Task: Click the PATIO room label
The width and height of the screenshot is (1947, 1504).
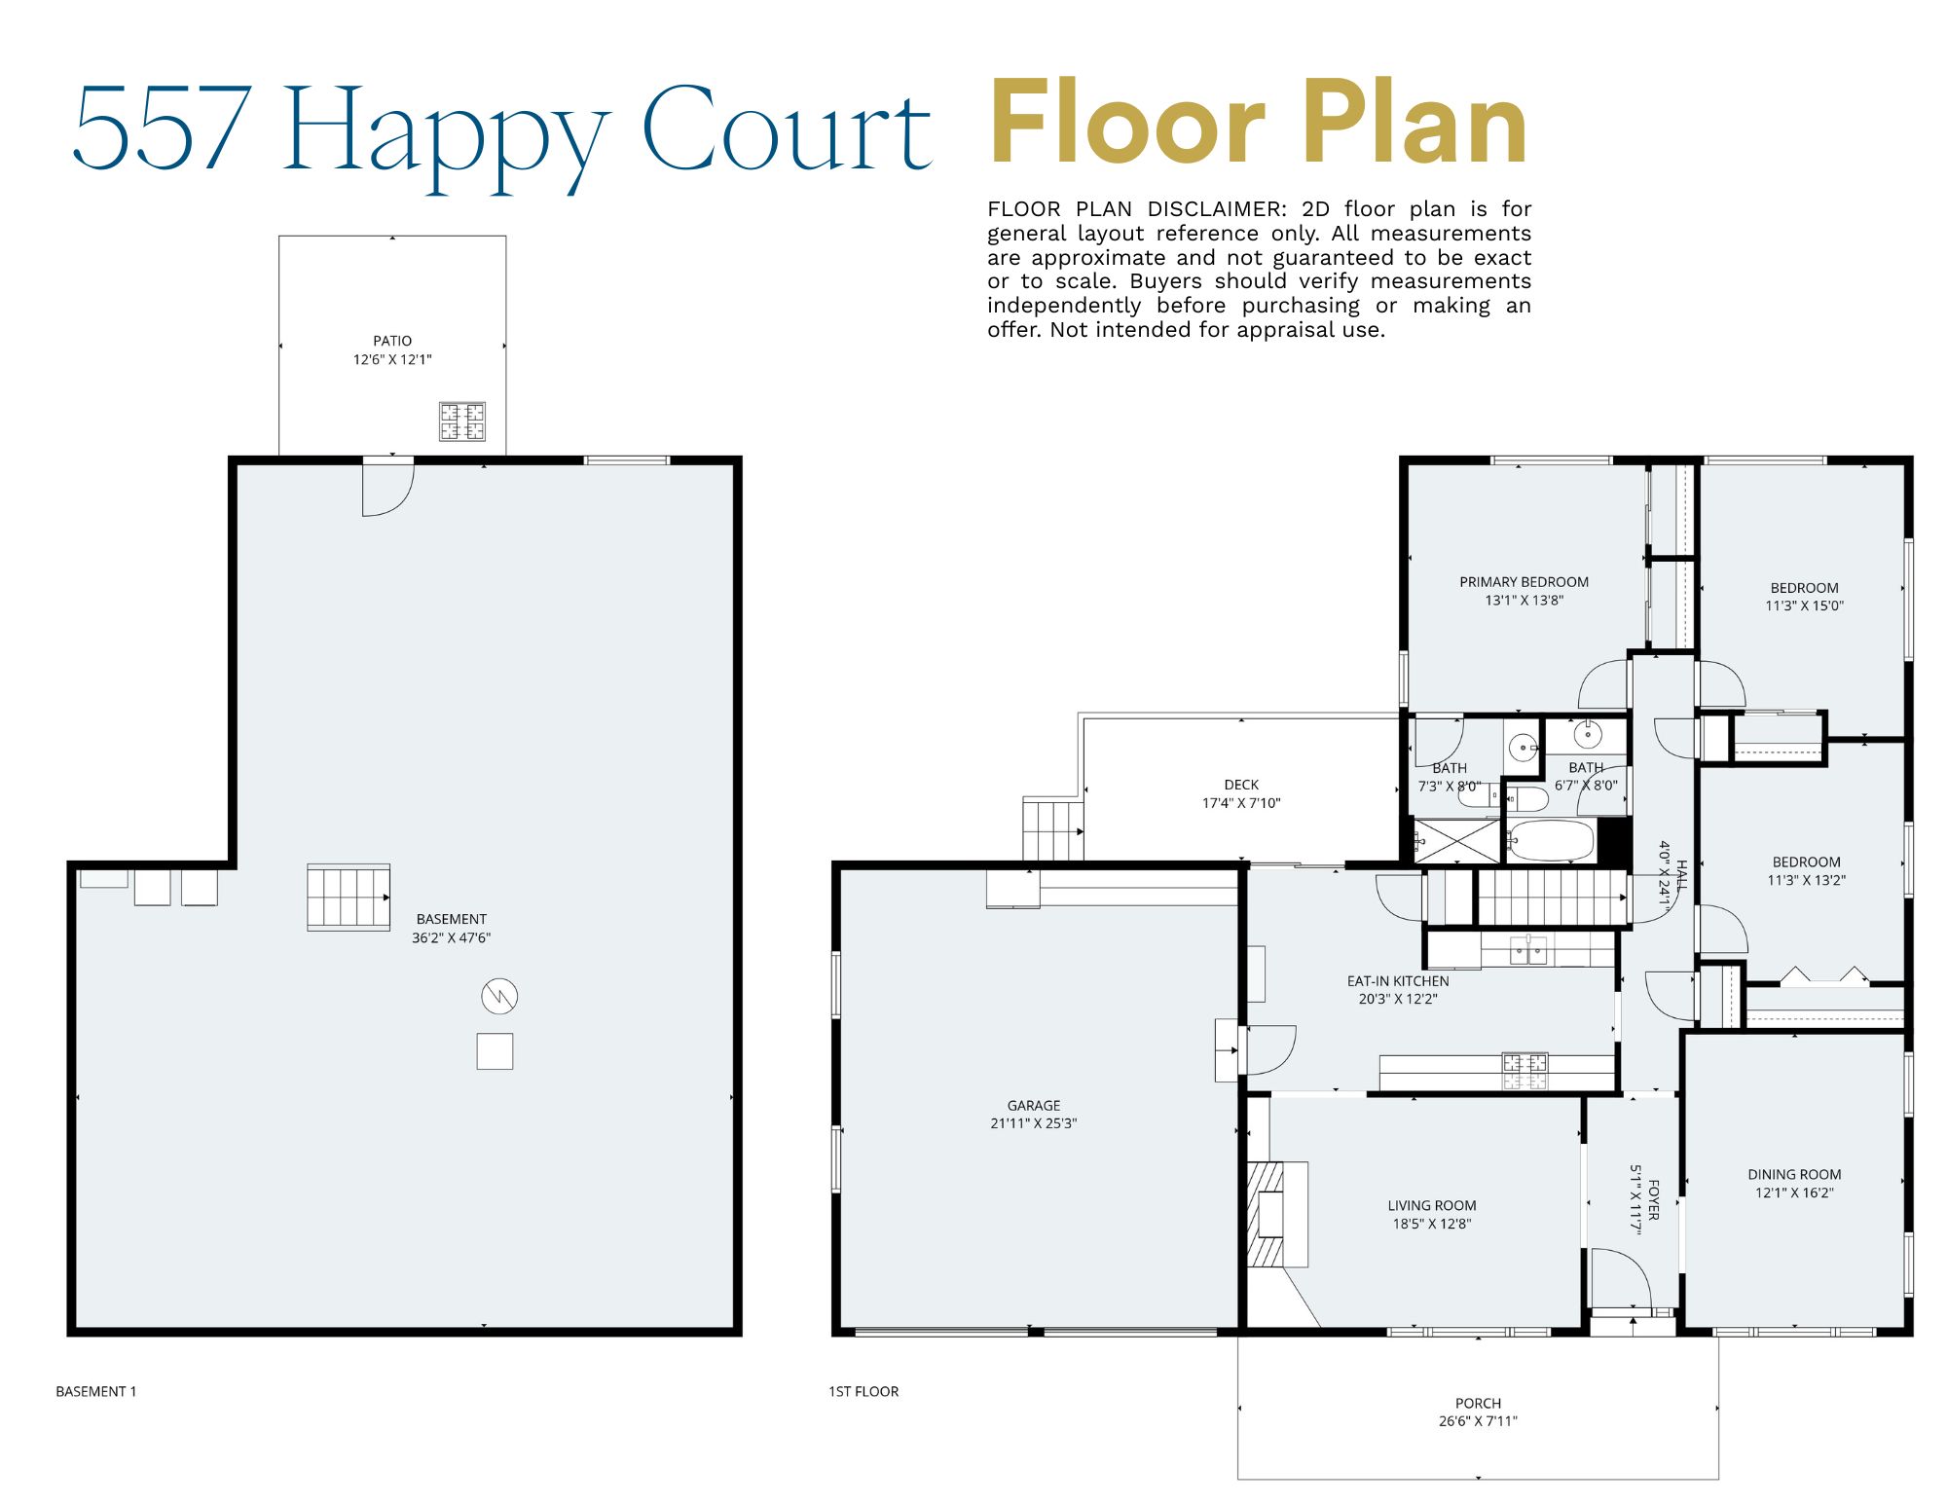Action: (392, 341)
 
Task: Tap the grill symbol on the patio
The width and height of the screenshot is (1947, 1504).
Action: (461, 422)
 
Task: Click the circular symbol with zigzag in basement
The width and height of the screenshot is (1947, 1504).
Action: (499, 996)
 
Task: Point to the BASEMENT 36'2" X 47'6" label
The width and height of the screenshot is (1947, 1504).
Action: (451, 928)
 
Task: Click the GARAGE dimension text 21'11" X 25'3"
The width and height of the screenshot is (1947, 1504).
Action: (1033, 1123)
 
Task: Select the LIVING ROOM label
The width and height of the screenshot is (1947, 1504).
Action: (1431, 1205)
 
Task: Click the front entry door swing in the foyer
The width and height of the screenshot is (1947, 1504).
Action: (1619, 1279)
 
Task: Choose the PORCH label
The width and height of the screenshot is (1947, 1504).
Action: (1478, 1403)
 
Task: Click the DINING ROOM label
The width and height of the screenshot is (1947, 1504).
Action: (1794, 1174)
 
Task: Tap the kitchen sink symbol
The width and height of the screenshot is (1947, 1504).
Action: (1528, 949)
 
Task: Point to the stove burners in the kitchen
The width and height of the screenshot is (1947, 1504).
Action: (1525, 1071)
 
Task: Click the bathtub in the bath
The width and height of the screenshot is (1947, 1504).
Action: (1551, 841)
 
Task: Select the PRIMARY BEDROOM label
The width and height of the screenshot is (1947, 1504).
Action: (1524, 582)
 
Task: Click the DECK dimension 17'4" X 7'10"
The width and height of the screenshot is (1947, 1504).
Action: (1241, 803)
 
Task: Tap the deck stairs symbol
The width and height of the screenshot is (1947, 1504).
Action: (1052, 829)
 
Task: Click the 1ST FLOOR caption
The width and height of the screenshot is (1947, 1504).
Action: (863, 1391)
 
